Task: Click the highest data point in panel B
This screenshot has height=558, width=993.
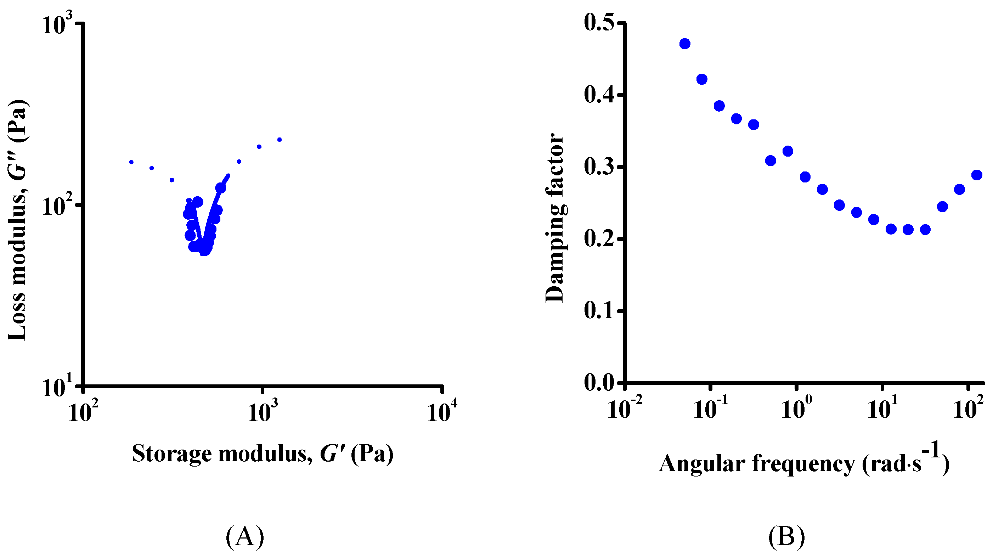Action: coord(685,44)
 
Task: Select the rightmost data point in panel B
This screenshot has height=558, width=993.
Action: coord(976,175)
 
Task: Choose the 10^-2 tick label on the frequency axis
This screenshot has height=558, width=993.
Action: coord(625,408)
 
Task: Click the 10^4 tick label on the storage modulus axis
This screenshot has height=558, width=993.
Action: coord(442,412)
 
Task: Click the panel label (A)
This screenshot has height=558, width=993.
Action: coord(245,536)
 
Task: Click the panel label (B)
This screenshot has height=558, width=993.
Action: coord(786,536)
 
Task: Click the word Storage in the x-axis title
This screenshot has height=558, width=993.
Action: coord(171,454)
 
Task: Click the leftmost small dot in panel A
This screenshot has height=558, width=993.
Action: coord(131,162)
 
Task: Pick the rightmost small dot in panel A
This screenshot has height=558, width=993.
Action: coord(280,140)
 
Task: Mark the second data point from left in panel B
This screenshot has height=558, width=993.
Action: coord(702,79)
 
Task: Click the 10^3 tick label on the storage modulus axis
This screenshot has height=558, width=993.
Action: coord(263,412)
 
